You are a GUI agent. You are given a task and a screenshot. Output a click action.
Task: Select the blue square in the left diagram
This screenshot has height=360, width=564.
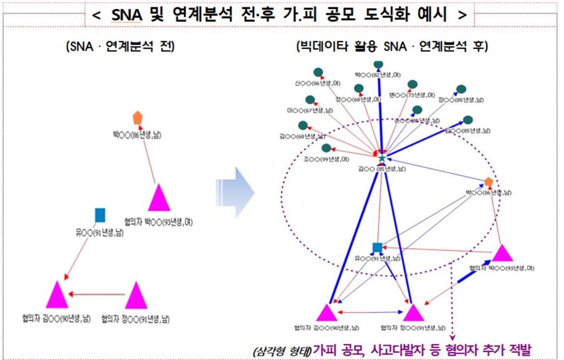100,215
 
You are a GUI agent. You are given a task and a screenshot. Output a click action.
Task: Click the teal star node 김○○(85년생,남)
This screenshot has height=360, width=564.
382,158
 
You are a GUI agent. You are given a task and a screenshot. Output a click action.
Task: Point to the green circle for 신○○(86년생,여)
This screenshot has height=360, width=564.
318,72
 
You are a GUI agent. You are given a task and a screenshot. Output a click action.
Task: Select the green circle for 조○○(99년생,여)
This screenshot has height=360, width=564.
326,148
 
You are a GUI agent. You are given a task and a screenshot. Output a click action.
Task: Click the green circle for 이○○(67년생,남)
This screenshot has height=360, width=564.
310,100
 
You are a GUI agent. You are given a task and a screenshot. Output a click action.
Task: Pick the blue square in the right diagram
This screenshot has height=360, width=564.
377,248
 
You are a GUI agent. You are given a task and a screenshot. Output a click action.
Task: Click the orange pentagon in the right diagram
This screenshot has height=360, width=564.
488,182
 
